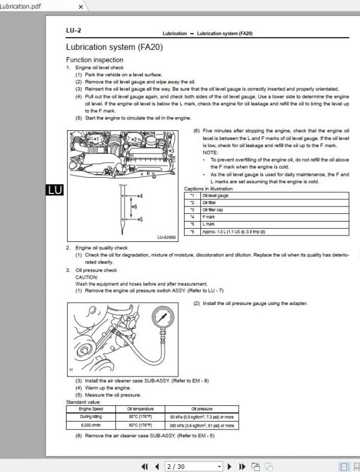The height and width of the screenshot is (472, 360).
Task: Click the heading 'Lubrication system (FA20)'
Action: (x=113, y=47)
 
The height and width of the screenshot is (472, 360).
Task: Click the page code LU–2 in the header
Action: (x=73, y=30)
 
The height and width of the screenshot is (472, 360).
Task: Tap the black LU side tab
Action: (x=54, y=190)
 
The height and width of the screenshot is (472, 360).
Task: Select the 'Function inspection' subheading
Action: (x=94, y=60)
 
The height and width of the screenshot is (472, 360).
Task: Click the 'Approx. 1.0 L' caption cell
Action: (x=234, y=231)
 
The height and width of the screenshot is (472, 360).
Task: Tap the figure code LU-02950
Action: (x=167, y=237)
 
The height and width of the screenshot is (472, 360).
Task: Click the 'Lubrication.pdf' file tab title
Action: (x=22, y=6)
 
